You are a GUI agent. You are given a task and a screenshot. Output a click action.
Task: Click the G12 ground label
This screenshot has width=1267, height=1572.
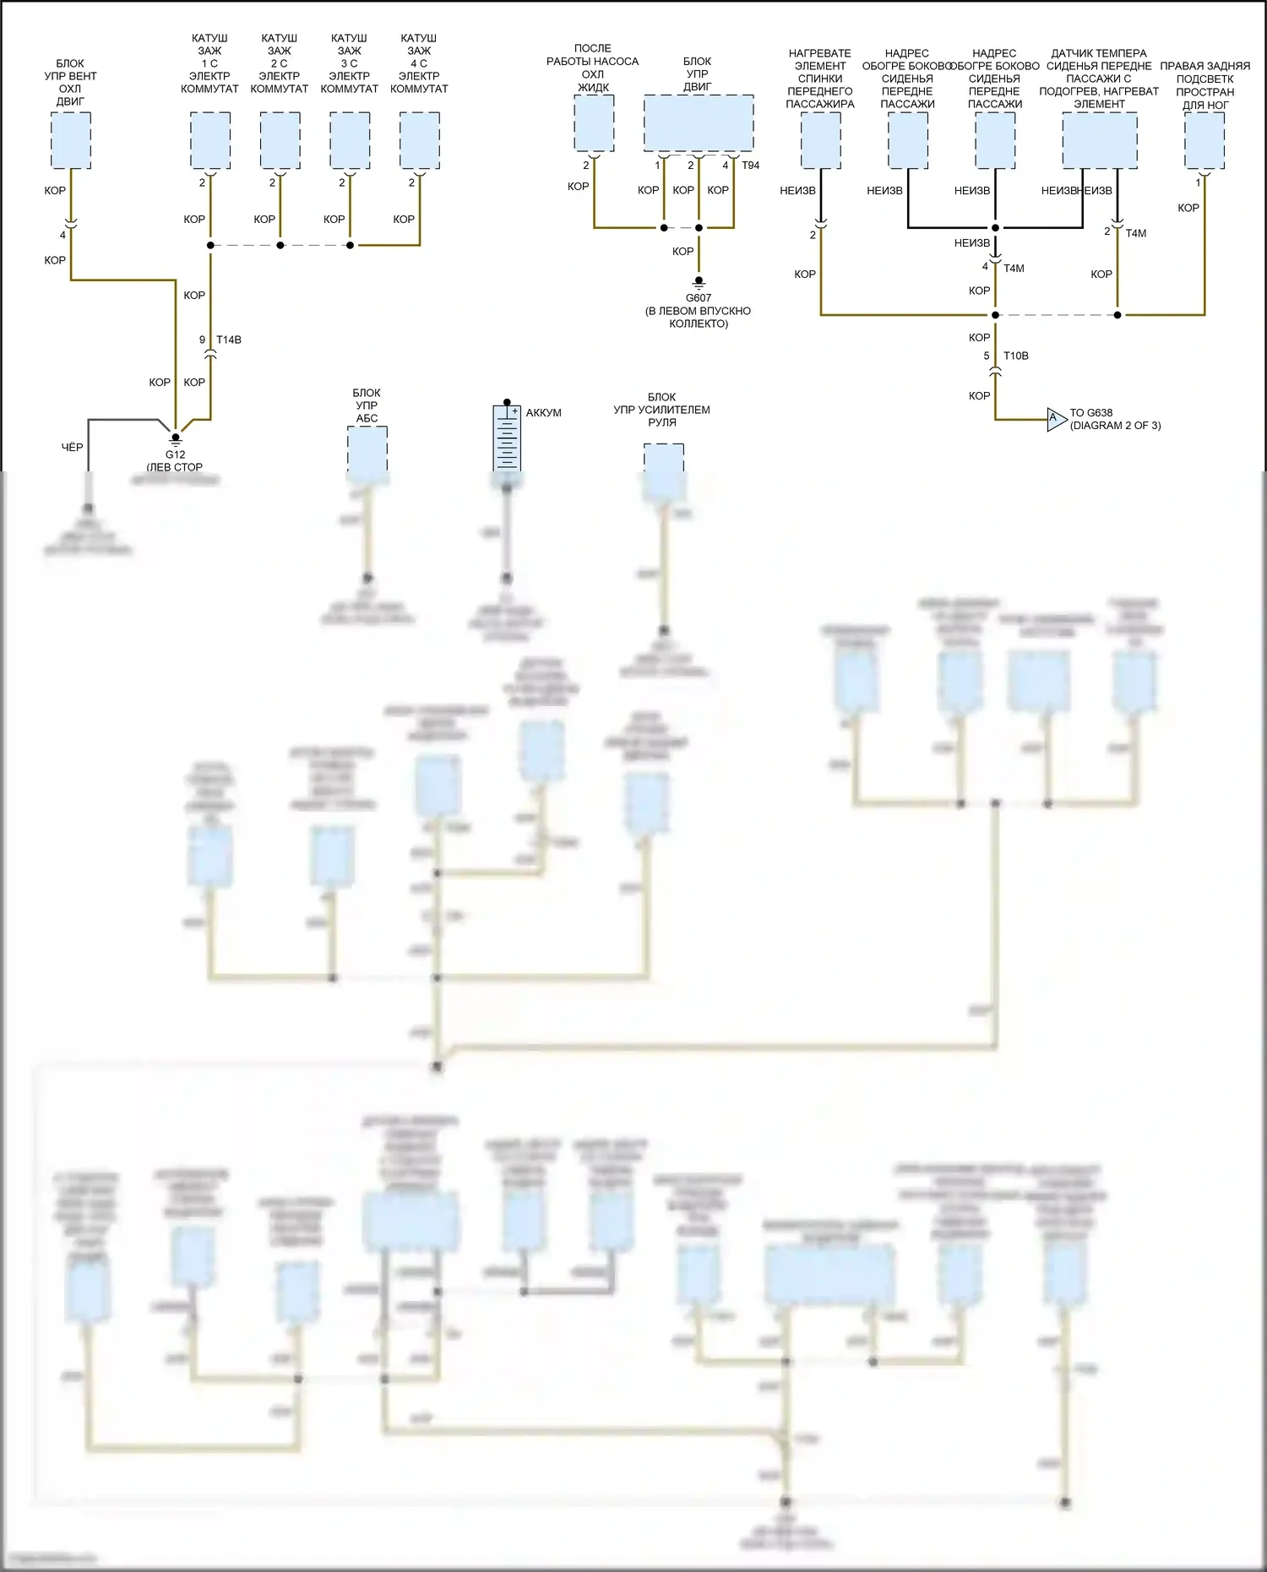[175, 454]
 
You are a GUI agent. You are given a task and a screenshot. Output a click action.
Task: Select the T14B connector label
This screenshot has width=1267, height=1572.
[229, 340]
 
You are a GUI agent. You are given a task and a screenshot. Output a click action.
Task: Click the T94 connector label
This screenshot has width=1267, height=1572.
[751, 166]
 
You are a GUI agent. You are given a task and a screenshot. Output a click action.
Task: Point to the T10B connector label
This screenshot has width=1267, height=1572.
[1016, 356]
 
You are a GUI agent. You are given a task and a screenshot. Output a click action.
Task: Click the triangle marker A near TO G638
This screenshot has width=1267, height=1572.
[1055, 419]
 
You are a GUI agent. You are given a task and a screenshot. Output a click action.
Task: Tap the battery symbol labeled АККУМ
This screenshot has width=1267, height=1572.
[507, 438]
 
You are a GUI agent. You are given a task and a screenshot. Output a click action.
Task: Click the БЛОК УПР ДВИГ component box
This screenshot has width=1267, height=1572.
[699, 123]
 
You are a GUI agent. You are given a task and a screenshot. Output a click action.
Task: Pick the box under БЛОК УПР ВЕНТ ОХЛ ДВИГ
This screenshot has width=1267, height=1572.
[70, 140]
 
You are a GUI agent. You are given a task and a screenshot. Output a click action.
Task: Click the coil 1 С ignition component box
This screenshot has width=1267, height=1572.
[210, 141]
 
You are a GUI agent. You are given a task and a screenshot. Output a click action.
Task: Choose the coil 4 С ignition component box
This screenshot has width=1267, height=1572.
[419, 141]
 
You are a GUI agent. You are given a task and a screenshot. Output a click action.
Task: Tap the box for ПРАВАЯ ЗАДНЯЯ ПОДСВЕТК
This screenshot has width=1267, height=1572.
[1204, 141]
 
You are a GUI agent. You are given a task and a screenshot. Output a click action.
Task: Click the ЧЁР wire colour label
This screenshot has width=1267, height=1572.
[72, 447]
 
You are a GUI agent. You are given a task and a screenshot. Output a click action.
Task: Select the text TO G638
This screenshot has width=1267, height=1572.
[1091, 413]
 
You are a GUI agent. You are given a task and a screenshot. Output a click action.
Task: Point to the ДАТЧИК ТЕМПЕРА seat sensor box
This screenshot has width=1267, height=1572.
[1099, 141]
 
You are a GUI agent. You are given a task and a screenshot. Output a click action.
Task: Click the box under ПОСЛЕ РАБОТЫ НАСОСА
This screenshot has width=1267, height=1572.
[594, 123]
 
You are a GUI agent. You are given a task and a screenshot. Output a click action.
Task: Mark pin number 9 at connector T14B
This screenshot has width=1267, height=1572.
[202, 340]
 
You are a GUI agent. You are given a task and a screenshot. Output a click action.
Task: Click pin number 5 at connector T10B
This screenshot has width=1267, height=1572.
[987, 356]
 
